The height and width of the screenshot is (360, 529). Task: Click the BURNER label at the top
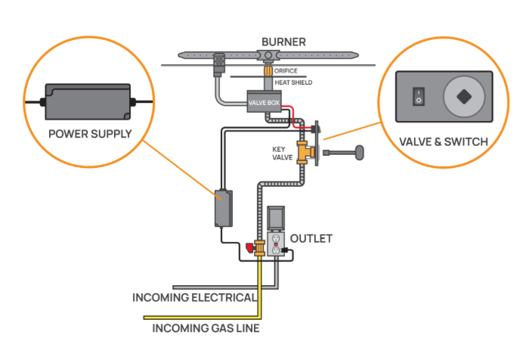tap(283, 42)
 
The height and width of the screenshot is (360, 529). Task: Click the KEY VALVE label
tap(283, 154)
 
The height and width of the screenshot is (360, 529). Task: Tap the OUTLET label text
tap(311, 238)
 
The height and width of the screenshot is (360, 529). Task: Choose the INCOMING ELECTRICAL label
tap(194, 297)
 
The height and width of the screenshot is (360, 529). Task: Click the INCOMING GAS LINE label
tap(206, 328)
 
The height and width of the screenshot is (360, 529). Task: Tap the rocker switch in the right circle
tap(414, 97)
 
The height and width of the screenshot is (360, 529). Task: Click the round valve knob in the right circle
tap(460, 97)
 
